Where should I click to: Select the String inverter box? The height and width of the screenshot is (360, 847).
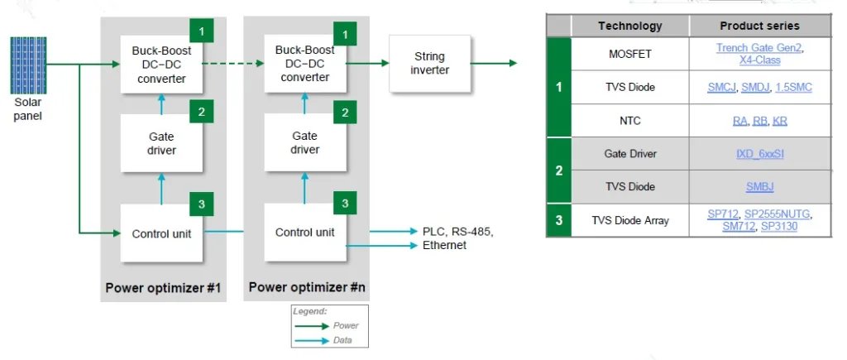429,64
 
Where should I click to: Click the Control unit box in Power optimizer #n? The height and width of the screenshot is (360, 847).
304,232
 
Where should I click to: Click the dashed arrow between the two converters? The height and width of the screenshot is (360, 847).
235,63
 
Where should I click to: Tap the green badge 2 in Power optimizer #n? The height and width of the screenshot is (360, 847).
346,113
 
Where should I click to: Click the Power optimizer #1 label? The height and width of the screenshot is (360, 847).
162,288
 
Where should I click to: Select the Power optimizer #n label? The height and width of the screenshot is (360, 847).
307,288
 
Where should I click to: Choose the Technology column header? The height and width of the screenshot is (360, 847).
629,26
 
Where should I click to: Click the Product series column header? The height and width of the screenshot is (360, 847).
759,26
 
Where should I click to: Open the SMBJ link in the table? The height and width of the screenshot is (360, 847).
759,186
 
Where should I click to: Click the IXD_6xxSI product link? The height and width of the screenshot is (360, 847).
759,154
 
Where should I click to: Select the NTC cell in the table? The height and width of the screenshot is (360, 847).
629,121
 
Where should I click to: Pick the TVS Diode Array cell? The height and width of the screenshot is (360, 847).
629,220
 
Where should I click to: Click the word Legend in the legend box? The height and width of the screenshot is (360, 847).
310,311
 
